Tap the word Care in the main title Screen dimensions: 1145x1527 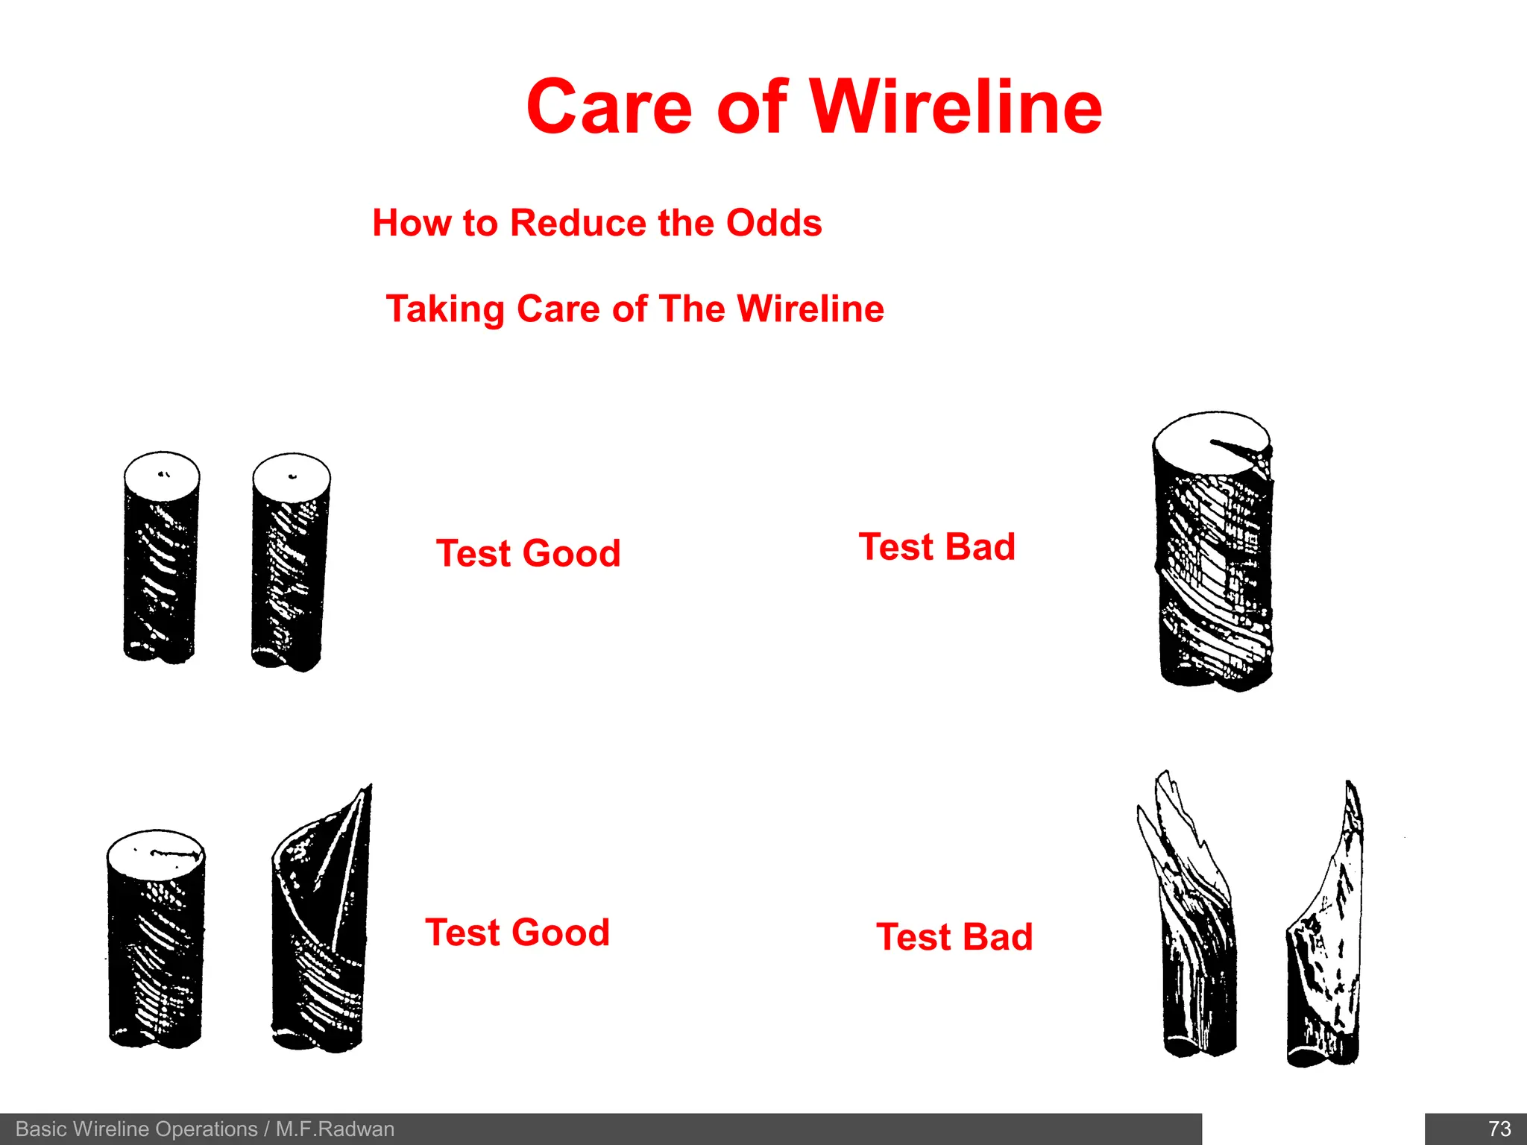tap(609, 107)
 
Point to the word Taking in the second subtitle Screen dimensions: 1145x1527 tap(446, 309)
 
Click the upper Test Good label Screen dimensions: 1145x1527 tap(528, 553)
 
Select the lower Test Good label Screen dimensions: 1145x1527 tap(517, 933)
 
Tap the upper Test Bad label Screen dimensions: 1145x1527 tap(936, 546)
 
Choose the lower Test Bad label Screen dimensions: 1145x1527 tap(954, 937)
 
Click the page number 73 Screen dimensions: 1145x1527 tap(1499, 1129)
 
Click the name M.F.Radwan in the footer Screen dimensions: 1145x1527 tap(335, 1129)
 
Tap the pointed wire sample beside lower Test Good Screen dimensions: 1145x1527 tap(321, 932)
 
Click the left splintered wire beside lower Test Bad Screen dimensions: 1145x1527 tap(1193, 932)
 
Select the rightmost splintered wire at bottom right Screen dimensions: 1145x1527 tap(1327, 939)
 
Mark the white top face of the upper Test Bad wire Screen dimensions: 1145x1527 tap(1200, 440)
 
